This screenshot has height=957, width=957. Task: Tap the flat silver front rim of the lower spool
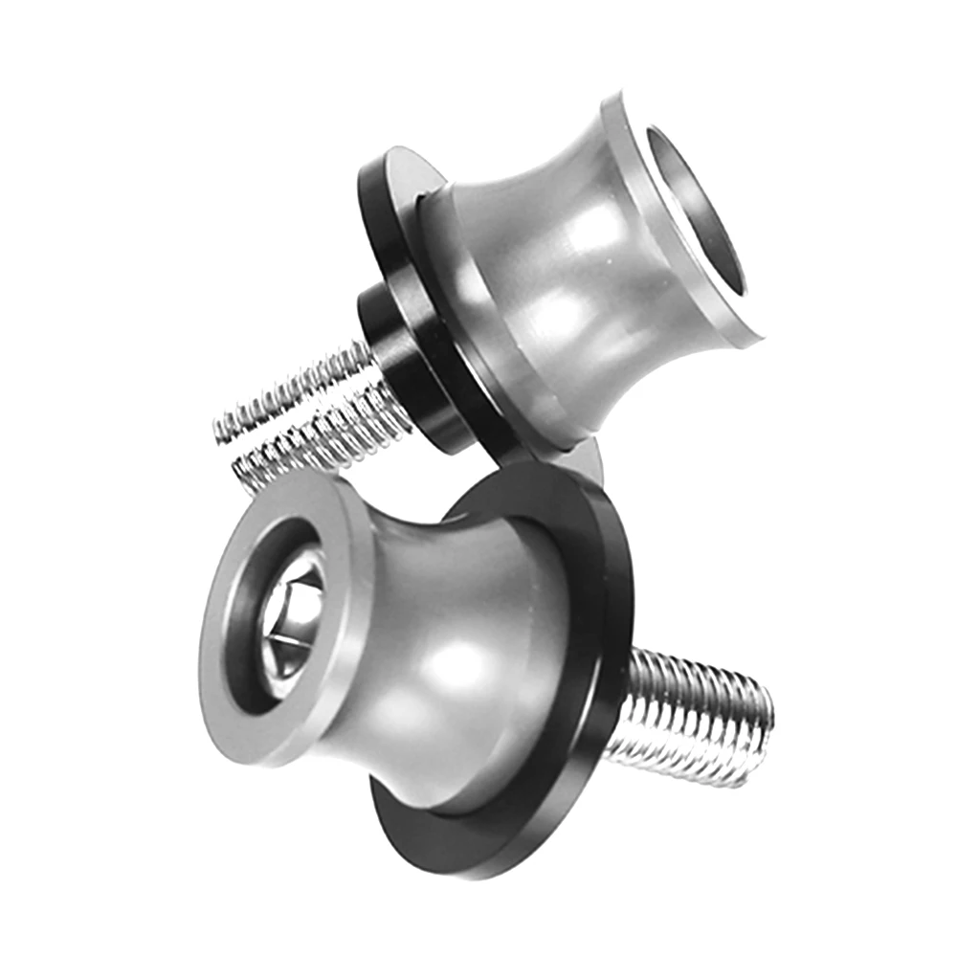230,689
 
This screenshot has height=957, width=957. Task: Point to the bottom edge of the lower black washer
478,866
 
